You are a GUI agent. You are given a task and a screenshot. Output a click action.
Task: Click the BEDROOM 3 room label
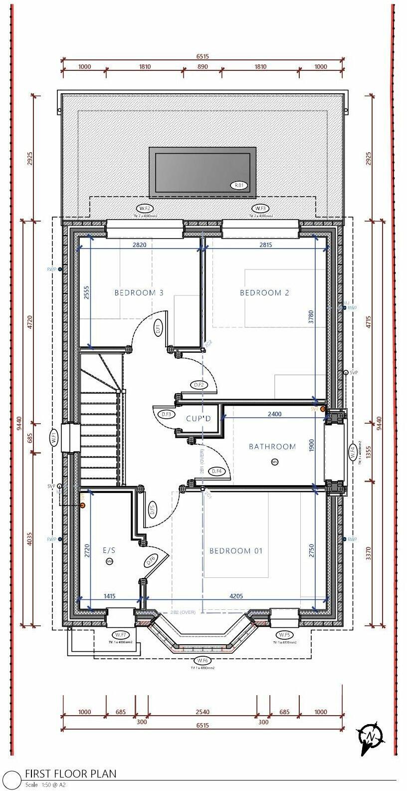click(x=139, y=293)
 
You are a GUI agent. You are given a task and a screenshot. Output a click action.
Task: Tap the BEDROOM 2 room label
click(x=264, y=293)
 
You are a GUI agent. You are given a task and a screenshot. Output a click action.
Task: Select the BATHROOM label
click(x=272, y=447)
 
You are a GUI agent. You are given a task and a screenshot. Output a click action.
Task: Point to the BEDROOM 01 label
click(x=235, y=551)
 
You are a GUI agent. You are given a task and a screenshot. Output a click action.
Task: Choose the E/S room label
click(x=109, y=550)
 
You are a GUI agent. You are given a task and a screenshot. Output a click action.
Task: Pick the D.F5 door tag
click(x=152, y=510)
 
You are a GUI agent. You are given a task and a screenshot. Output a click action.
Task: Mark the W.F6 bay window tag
click(x=202, y=661)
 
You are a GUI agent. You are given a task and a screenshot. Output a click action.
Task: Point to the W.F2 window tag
click(x=145, y=209)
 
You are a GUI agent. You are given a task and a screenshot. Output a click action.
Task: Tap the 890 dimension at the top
click(x=203, y=67)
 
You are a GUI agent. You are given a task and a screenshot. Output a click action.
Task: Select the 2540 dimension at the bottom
click(x=203, y=712)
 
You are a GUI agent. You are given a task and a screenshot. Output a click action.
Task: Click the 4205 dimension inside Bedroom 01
click(x=236, y=596)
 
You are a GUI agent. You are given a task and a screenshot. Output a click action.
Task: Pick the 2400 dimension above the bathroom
click(x=274, y=414)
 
